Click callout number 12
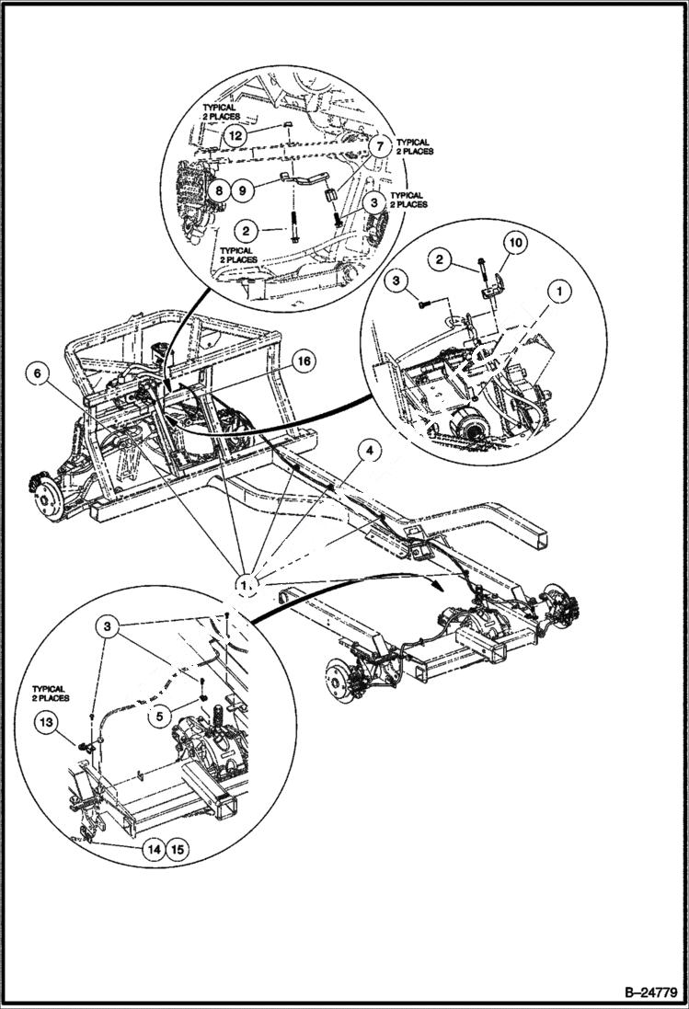point(236,134)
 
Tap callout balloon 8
point(218,191)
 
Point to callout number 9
point(241,191)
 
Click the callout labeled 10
point(513,242)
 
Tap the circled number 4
point(367,452)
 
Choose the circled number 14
point(154,849)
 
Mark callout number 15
point(177,849)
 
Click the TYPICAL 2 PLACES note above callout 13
point(50,693)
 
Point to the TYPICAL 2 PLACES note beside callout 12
point(220,112)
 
